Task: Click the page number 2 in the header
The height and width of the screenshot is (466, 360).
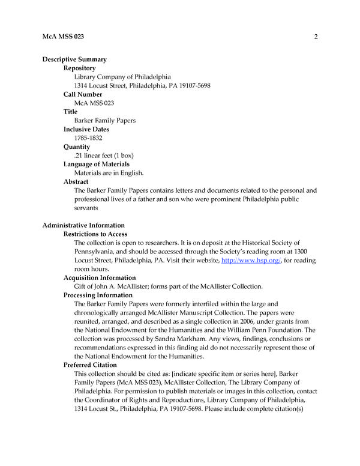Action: (x=315, y=37)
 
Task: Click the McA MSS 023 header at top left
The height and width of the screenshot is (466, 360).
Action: (x=63, y=37)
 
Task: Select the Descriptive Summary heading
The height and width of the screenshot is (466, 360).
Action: (x=74, y=59)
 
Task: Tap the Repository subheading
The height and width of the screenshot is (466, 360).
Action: (x=79, y=68)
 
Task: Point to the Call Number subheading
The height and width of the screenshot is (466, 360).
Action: (x=83, y=94)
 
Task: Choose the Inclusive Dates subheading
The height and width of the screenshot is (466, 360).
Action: (x=86, y=129)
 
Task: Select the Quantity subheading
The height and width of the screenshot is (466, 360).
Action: (x=77, y=147)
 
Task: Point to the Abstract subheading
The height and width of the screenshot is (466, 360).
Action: (x=76, y=181)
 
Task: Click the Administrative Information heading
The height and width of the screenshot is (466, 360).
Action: (x=83, y=225)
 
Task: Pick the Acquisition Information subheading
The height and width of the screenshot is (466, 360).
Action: (x=100, y=277)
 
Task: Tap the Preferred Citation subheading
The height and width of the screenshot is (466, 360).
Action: (x=90, y=365)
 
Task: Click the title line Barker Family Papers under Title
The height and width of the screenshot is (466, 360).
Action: (x=104, y=121)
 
